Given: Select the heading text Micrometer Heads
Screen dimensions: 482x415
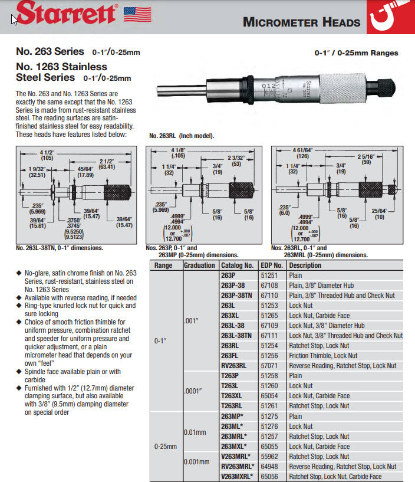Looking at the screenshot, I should [x=301, y=22].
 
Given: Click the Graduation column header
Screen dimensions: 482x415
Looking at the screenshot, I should [x=199, y=265].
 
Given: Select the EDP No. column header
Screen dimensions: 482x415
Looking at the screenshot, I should [x=272, y=265].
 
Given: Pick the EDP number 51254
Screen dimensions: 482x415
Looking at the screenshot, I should [x=269, y=346].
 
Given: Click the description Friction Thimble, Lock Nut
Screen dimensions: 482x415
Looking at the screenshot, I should [x=323, y=356].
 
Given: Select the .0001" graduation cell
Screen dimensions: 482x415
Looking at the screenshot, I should [x=195, y=391].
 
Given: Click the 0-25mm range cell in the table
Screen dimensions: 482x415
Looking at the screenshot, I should [x=166, y=447].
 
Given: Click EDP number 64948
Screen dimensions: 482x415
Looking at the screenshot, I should [x=269, y=466].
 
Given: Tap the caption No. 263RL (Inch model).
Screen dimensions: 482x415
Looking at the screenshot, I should [x=182, y=136].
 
